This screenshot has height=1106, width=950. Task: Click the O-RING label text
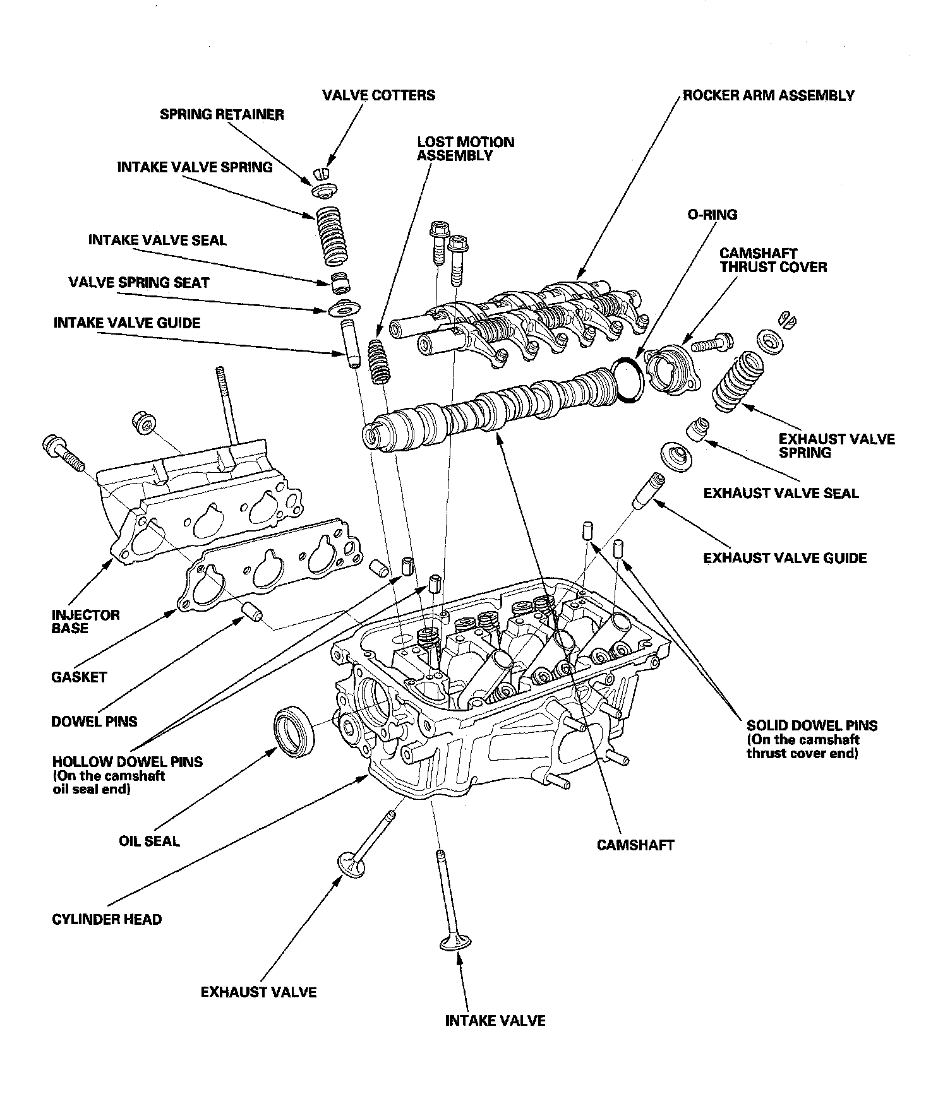tap(712, 215)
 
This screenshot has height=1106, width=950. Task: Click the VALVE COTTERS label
tap(378, 95)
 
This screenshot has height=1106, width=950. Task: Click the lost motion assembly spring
tap(379, 360)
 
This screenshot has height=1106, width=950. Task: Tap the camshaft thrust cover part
tap(673, 371)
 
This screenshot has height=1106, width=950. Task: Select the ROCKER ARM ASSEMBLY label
tap(769, 96)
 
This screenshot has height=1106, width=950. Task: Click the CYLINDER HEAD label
tap(107, 919)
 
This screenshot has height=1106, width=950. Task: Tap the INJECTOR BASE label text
tap(85, 621)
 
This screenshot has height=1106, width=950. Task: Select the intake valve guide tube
tap(349, 345)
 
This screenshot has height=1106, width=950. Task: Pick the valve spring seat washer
tap(344, 309)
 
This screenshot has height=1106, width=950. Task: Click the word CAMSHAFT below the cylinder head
tap(635, 845)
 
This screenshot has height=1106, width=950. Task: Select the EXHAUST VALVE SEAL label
tap(781, 493)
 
